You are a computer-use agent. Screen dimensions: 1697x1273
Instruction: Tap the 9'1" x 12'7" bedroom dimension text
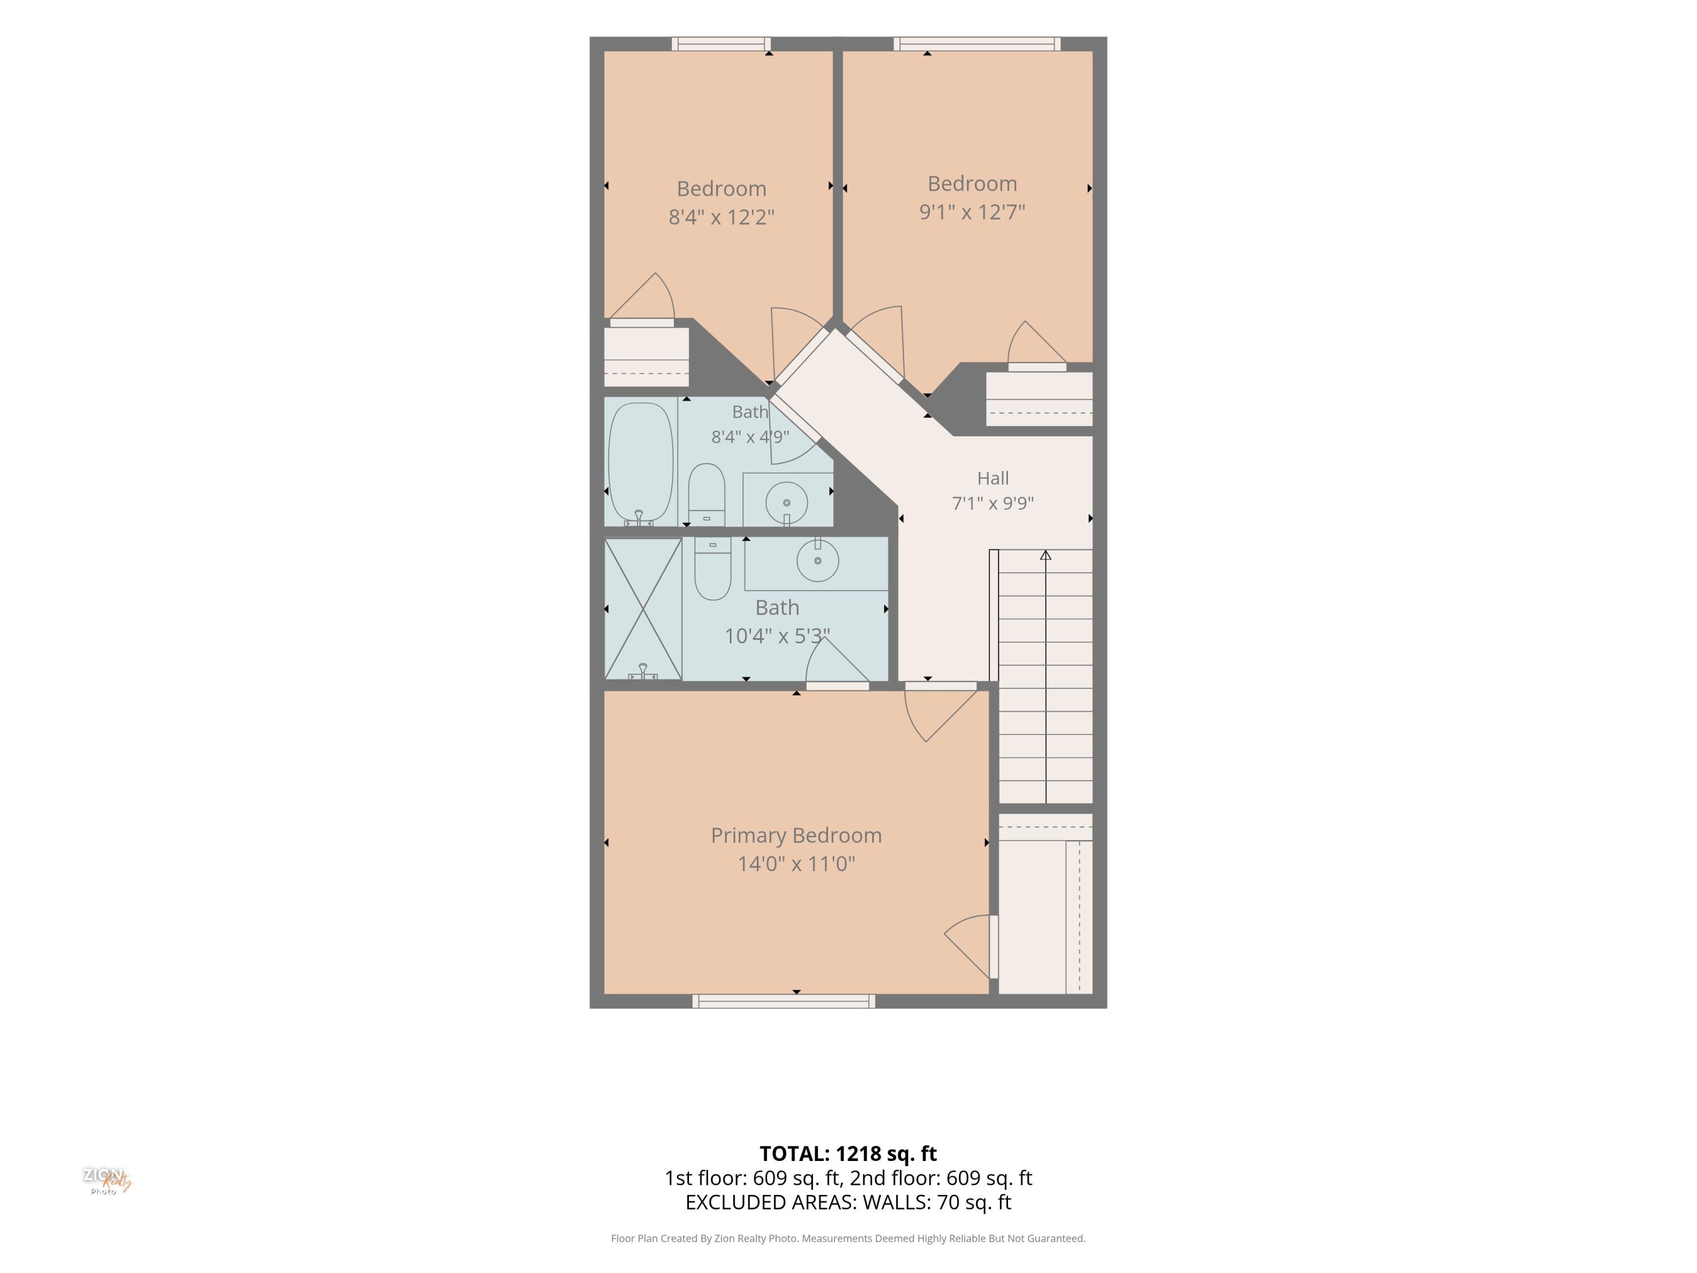coord(972,212)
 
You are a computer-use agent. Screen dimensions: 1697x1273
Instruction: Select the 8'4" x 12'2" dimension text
coord(721,217)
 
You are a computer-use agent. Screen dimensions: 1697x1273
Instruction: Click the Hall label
coord(993,478)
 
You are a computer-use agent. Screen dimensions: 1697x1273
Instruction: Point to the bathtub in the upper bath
coord(640,463)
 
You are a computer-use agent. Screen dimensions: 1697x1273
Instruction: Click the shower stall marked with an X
coord(643,608)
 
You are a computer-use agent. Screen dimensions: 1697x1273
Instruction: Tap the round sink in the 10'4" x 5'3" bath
coord(818,560)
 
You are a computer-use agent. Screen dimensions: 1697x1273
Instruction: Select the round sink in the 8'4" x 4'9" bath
coord(786,502)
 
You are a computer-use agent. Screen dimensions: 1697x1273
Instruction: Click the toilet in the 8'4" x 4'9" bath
coord(707,494)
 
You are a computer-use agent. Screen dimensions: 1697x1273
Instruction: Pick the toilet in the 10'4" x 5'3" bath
coord(713,568)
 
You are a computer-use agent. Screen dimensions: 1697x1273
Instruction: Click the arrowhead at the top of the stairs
coord(1046,555)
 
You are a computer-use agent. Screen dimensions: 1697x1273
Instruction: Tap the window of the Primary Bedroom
coord(783,1001)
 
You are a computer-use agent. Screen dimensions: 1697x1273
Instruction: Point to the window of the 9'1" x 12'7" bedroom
coord(976,44)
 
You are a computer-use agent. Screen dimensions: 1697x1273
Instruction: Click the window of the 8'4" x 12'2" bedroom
coord(721,44)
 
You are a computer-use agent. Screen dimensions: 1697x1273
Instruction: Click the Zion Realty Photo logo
coord(107,1181)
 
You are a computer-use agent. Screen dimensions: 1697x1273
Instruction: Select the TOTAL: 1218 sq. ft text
coord(848,1154)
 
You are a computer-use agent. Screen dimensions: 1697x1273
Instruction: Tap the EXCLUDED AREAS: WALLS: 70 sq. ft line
coord(848,1202)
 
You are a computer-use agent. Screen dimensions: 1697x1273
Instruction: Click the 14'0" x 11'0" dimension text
coord(796,864)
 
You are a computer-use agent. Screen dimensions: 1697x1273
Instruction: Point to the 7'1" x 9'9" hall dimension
coord(993,504)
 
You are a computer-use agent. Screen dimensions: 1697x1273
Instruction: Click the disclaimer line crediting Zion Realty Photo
coord(848,1238)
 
